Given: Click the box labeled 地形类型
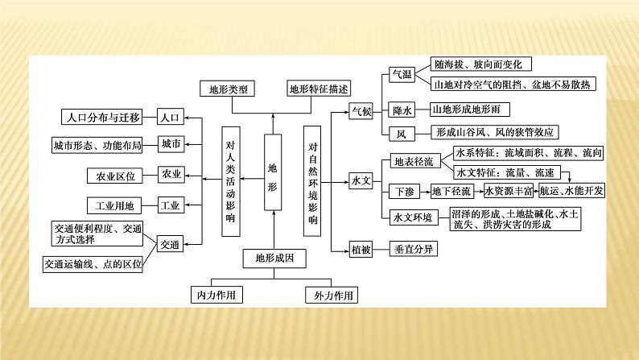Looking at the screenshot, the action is pyautogui.click(x=227, y=88).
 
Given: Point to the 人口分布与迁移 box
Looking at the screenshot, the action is pyautogui.click(x=102, y=117).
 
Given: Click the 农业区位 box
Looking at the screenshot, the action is pyautogui.click(x=115, y=175).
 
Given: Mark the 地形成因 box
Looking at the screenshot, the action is pyautogui.click(x=274, y=259).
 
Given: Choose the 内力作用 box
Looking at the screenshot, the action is pyautogui.click(x=217, y=295).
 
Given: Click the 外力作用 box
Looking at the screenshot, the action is pyautogui.click(x=331, y=295).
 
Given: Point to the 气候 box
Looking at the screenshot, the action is pyautogui.click(x=361, y=113).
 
